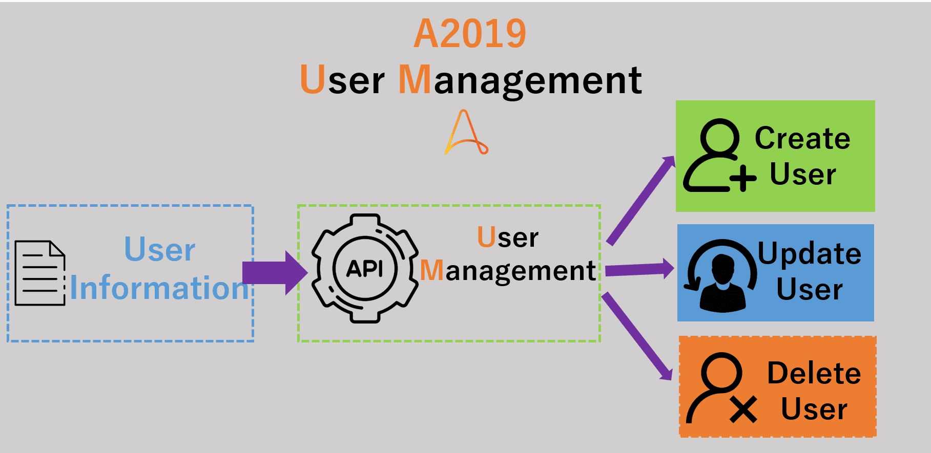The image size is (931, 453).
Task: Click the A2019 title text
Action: pyautogui.click(x=470, y=34)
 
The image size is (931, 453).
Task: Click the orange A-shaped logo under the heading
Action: pyautogui.click(x=466, y=132)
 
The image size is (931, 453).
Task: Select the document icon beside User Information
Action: pyautogui.click(x=40, y=273)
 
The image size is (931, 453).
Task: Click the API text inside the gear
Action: pyautogui.click(x=365, y=268)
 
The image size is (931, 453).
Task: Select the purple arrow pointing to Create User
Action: pyautogui.click(x=641, y=200)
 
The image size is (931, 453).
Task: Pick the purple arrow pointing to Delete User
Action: pyautogui.click(x=637, y=336)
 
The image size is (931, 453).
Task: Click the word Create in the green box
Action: pyautogui.click(x=802, y=138)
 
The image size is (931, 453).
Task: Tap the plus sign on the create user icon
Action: pyautogui.click(x=743, y=179)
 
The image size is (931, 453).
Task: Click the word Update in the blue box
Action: pyautogui.click(x=810, y=254)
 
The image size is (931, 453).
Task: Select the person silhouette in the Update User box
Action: pyautogui.click(x=722, y=283)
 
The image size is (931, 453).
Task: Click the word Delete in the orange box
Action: pyautogui.click(x=814, y=373)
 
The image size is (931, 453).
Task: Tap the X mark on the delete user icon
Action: pyautogui.click(x=743, y=410)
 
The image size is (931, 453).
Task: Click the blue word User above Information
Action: pyautogui.click(x=160, y=250)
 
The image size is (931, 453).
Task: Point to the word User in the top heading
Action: pyautogui.click(x=342, y=80)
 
